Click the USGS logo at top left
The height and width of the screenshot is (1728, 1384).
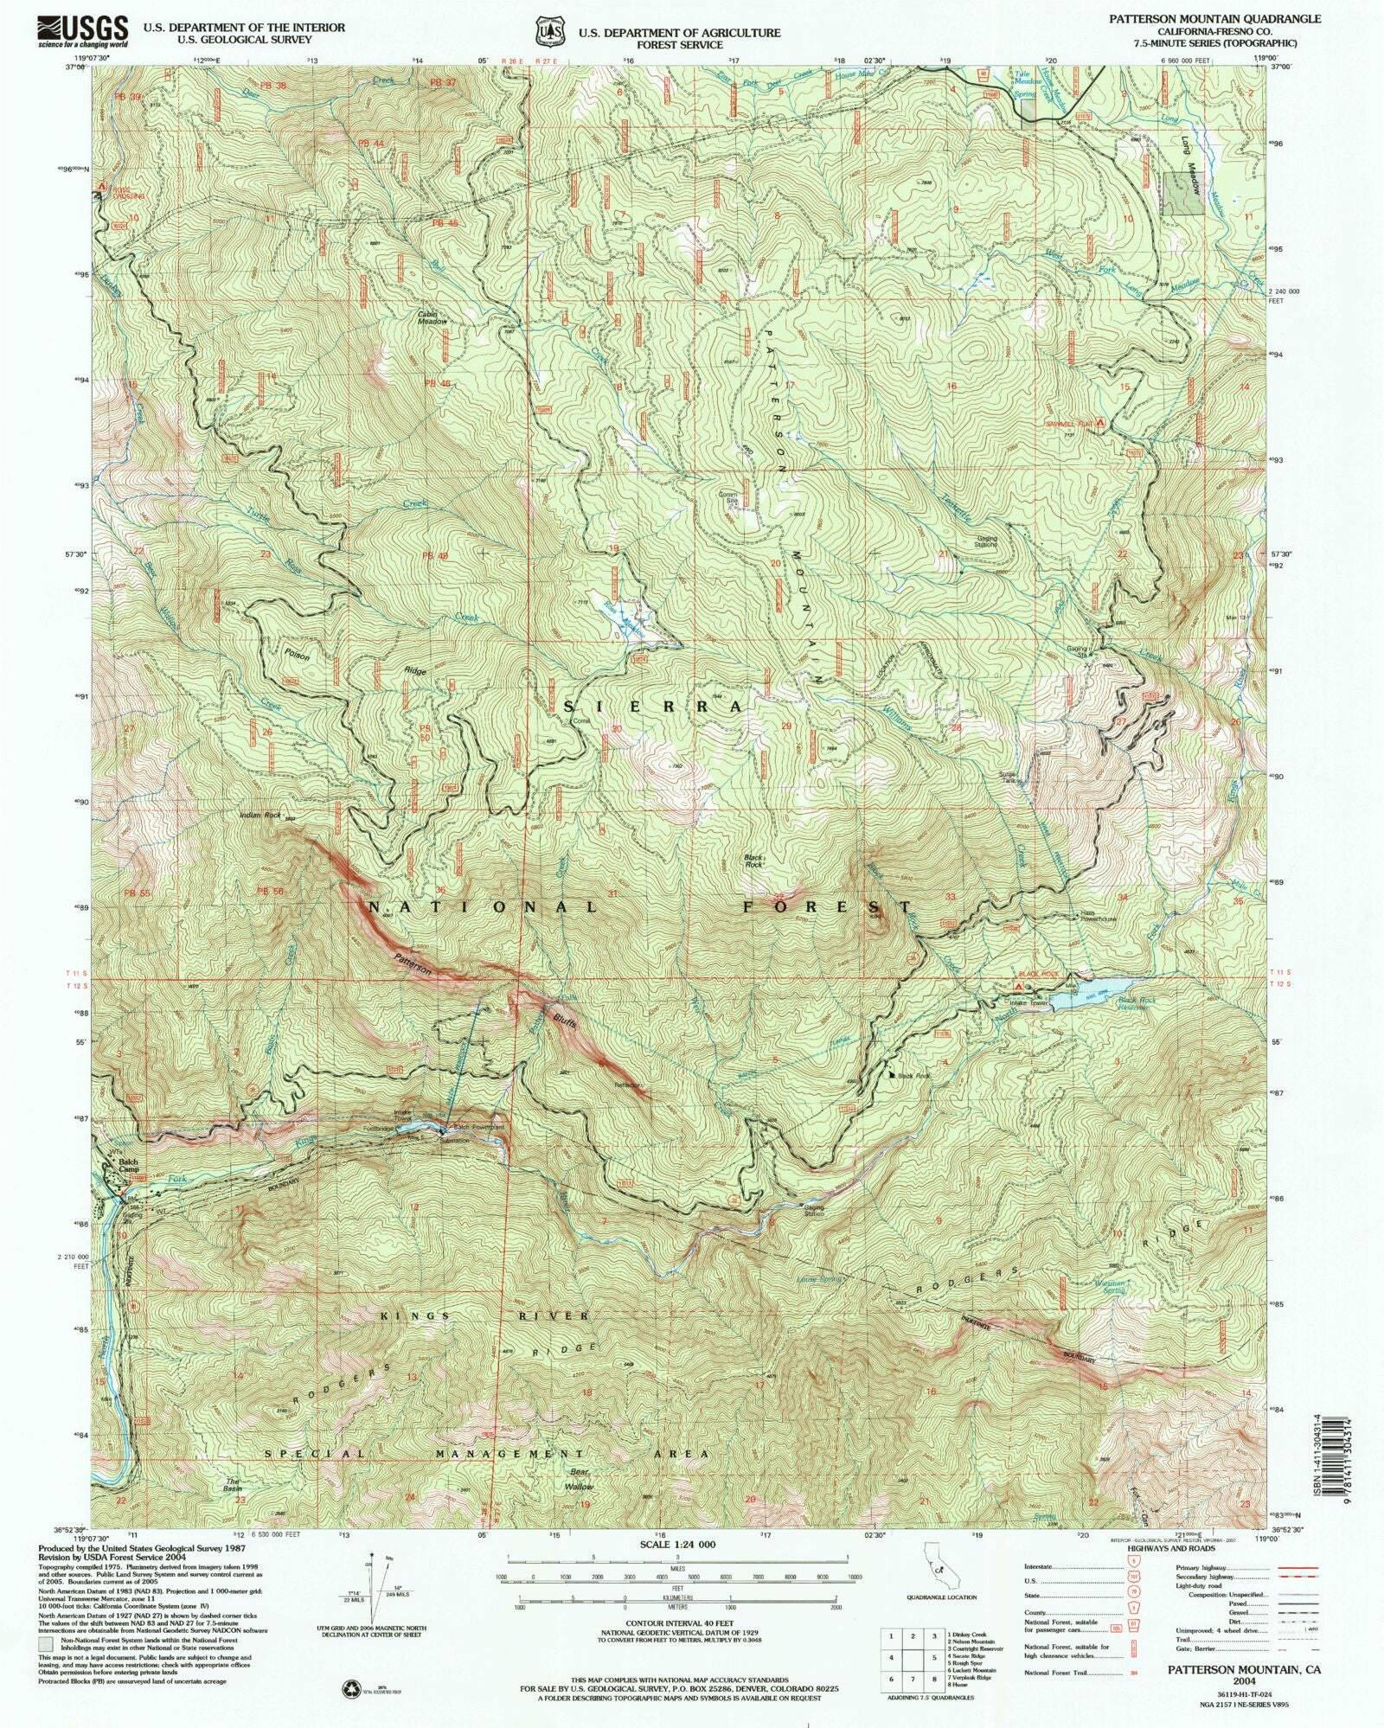[x=83, y=33]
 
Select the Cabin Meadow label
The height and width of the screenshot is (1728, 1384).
[x=432, y=317]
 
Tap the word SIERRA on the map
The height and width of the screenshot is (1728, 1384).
[x=652, y=707]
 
